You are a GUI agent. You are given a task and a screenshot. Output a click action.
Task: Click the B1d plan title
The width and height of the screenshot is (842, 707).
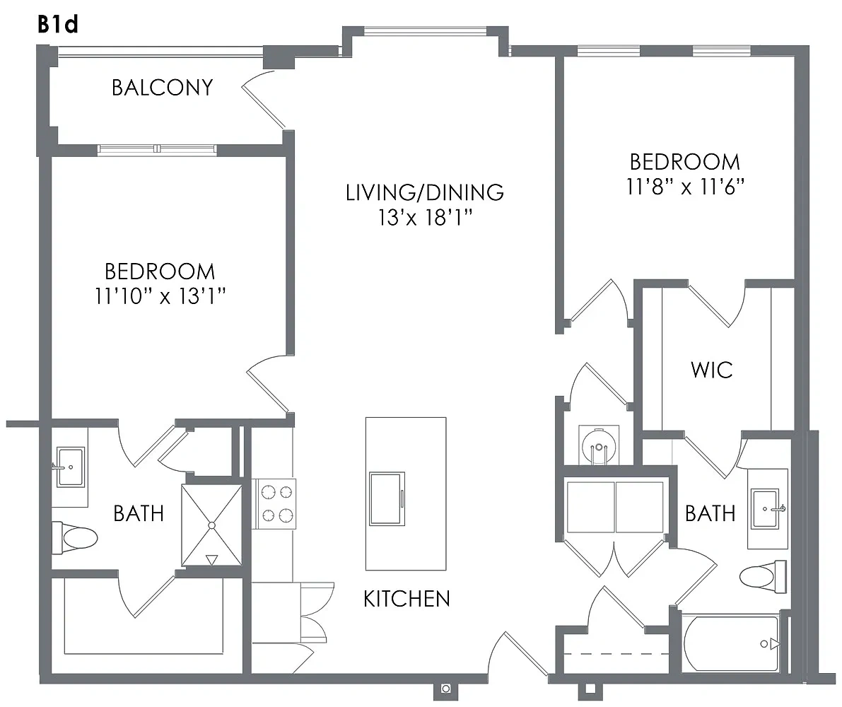pos(58,24)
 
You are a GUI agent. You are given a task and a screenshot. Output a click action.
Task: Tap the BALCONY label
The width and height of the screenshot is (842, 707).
pos(162,88)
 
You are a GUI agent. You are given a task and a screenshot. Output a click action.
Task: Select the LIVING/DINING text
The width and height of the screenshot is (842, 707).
pos(425,192)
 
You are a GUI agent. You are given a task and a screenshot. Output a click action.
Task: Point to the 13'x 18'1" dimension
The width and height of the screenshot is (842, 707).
pos(426,218)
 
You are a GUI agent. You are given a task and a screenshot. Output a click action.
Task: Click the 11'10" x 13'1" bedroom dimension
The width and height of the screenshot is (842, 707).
pos(160,296)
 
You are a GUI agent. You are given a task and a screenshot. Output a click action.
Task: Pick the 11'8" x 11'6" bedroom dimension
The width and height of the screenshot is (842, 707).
pos(685,186)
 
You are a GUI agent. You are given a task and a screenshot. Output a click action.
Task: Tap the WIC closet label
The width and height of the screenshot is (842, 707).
pos(712,370)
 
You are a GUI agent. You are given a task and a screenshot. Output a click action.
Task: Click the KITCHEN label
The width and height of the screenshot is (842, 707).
pos(407,599)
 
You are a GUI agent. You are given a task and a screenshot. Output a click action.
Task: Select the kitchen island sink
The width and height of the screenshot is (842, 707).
pos(387,499)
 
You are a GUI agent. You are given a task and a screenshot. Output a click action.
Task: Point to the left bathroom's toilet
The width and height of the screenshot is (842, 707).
pos(74,537)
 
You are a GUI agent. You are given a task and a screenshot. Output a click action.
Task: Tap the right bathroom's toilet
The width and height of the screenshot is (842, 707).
pos(763,576)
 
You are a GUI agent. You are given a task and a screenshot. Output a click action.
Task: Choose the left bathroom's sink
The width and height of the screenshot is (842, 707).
pos(71,467)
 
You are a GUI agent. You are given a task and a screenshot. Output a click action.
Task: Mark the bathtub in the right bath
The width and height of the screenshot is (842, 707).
pos(732,643)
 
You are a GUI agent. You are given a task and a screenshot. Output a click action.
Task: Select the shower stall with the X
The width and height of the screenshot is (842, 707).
pos(211,525)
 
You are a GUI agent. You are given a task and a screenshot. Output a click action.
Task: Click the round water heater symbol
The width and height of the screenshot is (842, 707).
pos(597,445)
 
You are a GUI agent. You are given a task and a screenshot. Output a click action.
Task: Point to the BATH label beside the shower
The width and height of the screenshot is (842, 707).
pos(139,513)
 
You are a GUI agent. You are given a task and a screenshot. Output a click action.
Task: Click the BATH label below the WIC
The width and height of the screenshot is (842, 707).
pos(710,513)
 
